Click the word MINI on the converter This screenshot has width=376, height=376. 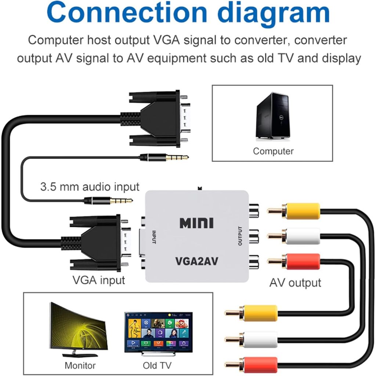pos(196,223)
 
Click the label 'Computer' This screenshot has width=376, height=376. pos(273,151)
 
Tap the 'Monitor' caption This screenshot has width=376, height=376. pos(80,365)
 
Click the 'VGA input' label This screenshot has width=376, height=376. pos(98,280)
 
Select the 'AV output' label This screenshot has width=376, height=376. pos(295,283)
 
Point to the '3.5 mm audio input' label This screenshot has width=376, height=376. pos(90,187)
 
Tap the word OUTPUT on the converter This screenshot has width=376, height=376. pos(241,236)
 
